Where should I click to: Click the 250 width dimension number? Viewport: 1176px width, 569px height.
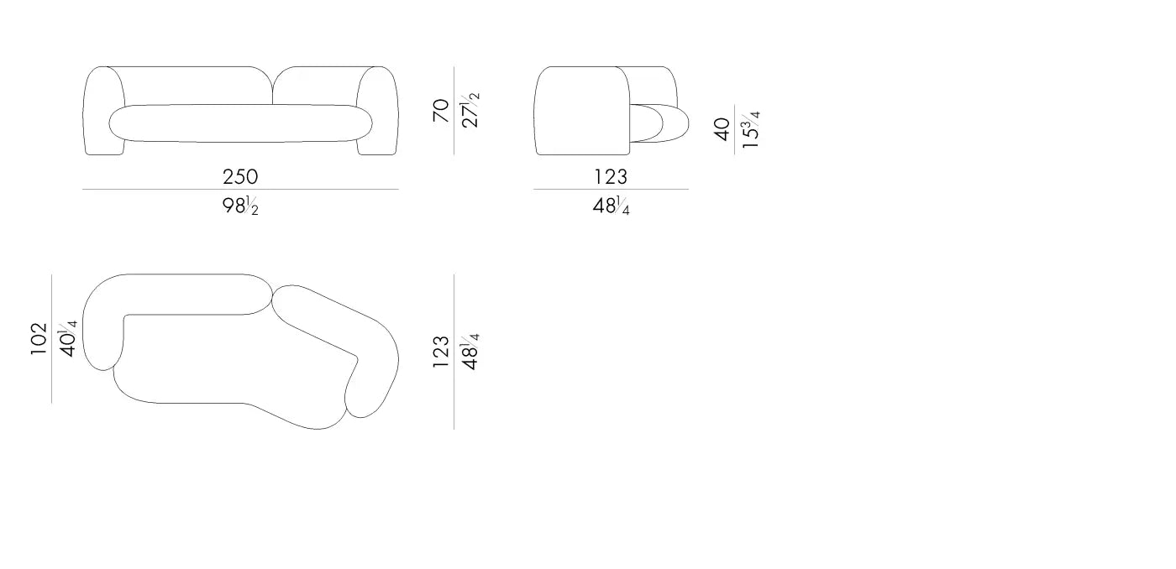pos(240,177)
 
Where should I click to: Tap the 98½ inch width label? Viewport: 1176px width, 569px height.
pos(240,206)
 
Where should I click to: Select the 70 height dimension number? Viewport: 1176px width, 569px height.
pos(441,110)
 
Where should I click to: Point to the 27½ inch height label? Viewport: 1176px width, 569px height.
pos(470,110)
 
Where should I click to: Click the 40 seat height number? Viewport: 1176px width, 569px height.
pos(722,129)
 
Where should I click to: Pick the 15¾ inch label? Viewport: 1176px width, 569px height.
pos(751,129)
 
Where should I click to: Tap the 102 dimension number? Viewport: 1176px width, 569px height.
pos(39,339)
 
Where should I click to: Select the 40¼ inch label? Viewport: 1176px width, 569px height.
pos(68,339)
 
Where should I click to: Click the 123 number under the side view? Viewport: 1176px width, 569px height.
pos(611,177)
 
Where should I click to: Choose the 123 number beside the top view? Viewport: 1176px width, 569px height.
pos(441,352)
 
